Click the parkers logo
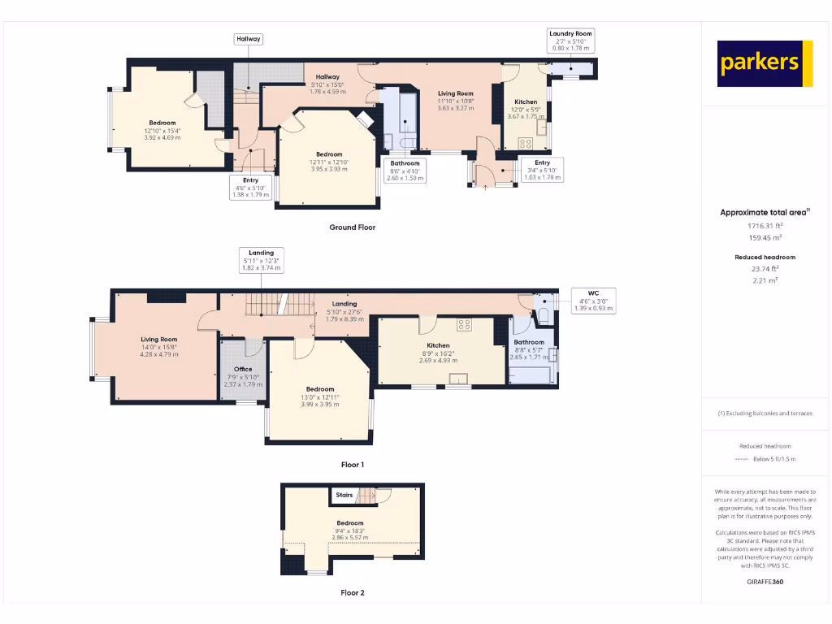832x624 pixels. tap(765, 63)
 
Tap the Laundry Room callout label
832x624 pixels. tap(570, 41)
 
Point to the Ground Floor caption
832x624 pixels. tap(352, 227)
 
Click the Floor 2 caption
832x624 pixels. tap(352, 593)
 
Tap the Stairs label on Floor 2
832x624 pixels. tap(344, 494)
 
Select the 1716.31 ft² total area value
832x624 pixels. tap(765, 226)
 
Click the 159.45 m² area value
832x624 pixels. tap(765, 237)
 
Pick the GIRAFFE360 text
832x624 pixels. tap(765, 582)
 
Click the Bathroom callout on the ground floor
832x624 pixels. tap(405, 171)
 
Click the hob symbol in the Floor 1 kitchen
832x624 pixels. tap(465, 324)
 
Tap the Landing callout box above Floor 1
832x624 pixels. tap(261, 260)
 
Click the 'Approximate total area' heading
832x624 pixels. tap(765, 213)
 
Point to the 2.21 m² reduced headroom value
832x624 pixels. tap(765, 279)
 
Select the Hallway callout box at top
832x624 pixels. tap(248, 39)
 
